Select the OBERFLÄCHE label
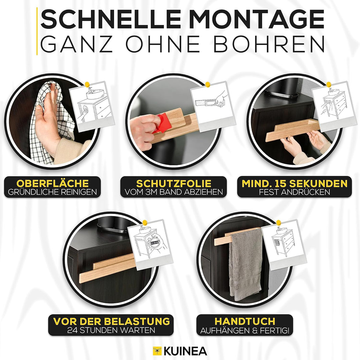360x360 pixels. click(x=53, y=183)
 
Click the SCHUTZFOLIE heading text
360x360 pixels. click(x=173, y=183)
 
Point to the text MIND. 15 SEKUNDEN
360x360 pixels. click(x=294, y=183)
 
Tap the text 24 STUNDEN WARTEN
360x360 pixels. click(x=111, y=330)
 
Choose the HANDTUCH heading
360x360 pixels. click(x=245, y=321)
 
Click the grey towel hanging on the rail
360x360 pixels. click(x=246, y=263)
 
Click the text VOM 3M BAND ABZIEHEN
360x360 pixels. click(x=173, y=192)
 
